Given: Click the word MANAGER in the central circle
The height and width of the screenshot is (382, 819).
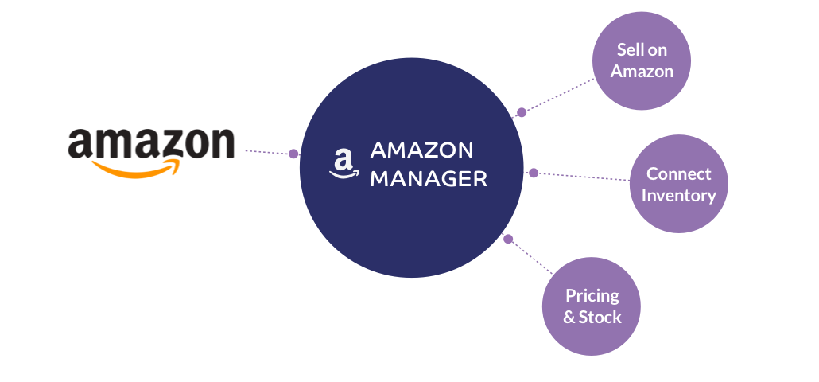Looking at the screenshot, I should point(429,179).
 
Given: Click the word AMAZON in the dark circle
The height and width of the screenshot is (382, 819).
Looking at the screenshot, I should point(422,150).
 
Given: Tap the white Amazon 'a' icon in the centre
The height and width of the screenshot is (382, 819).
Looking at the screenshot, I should point(343,164).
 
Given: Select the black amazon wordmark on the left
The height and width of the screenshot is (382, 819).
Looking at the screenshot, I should point(151,143).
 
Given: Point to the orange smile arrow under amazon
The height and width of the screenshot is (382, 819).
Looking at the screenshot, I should point(136,168).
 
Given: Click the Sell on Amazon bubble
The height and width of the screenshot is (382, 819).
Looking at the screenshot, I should point(642,60).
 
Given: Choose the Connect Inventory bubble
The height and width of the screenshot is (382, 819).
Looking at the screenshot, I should point(678,184).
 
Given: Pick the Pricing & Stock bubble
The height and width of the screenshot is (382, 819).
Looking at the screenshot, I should point(592,306).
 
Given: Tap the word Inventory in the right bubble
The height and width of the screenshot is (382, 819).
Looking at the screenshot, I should point(679,195).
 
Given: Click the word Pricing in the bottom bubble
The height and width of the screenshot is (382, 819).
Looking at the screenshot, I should point(592,296).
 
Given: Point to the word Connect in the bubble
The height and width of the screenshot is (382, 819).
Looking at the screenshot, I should point(679,173).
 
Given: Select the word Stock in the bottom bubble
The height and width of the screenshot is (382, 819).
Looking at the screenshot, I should point(600,317).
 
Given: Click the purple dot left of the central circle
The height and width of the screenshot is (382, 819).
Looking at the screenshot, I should point(293,154).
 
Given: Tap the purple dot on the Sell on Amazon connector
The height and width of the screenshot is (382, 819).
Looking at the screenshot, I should point(522,112).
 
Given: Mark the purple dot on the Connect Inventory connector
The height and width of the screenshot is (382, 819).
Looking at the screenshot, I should point(534,173).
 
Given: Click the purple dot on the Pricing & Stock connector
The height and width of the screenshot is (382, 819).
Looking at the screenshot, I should point(508,238).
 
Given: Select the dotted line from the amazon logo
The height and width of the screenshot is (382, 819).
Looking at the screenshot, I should point(266,151).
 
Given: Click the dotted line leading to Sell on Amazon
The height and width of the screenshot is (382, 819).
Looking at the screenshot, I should point(561,95).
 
